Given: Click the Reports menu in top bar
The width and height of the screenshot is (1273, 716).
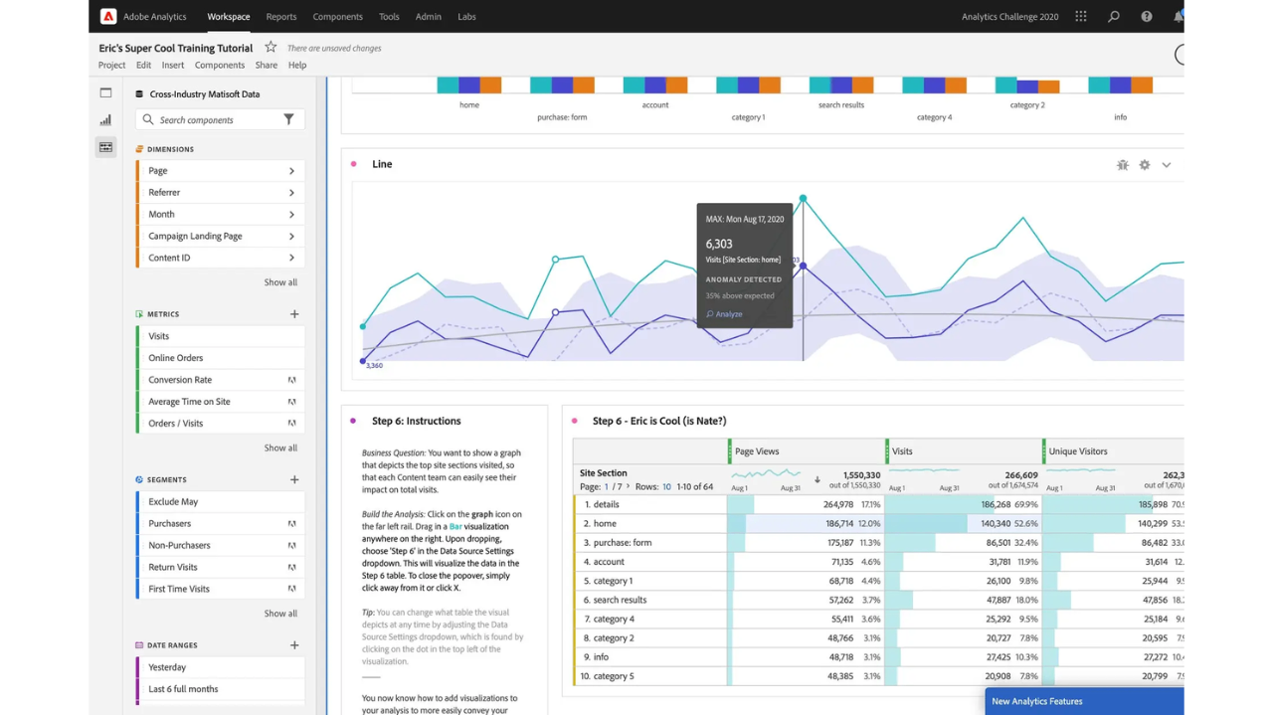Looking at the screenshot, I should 280,17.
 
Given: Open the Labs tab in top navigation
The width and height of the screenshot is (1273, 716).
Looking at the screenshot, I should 466,17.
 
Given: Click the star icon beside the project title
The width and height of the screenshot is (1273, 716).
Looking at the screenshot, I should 271,47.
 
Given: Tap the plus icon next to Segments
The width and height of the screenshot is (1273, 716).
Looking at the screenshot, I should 294,479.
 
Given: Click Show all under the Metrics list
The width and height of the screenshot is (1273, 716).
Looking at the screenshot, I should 280,447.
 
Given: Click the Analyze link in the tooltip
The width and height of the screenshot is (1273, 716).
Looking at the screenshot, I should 728,314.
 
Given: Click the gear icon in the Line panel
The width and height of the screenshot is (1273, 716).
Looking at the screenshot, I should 1145,165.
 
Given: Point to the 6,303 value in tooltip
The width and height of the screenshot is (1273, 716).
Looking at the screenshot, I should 719,244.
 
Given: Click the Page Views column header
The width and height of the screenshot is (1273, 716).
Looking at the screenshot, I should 757,451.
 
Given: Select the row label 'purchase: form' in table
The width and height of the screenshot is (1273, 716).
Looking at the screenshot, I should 623,543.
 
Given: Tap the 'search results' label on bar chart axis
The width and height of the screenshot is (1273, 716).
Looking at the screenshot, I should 841,104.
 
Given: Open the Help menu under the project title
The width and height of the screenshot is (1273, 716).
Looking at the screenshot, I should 297,66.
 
